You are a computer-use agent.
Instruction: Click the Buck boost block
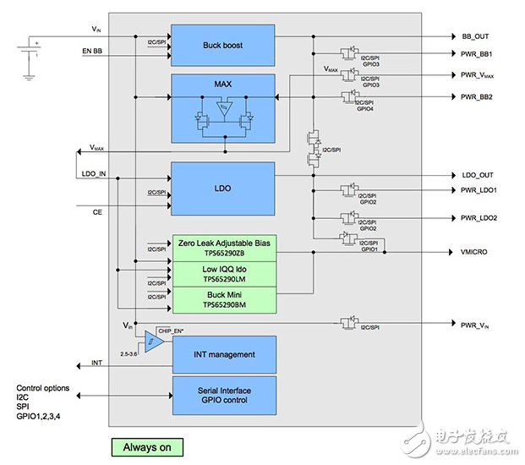click(223, 45)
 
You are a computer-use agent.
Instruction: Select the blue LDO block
click(223, 183)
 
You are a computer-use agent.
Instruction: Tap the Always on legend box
click(147, 446)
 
